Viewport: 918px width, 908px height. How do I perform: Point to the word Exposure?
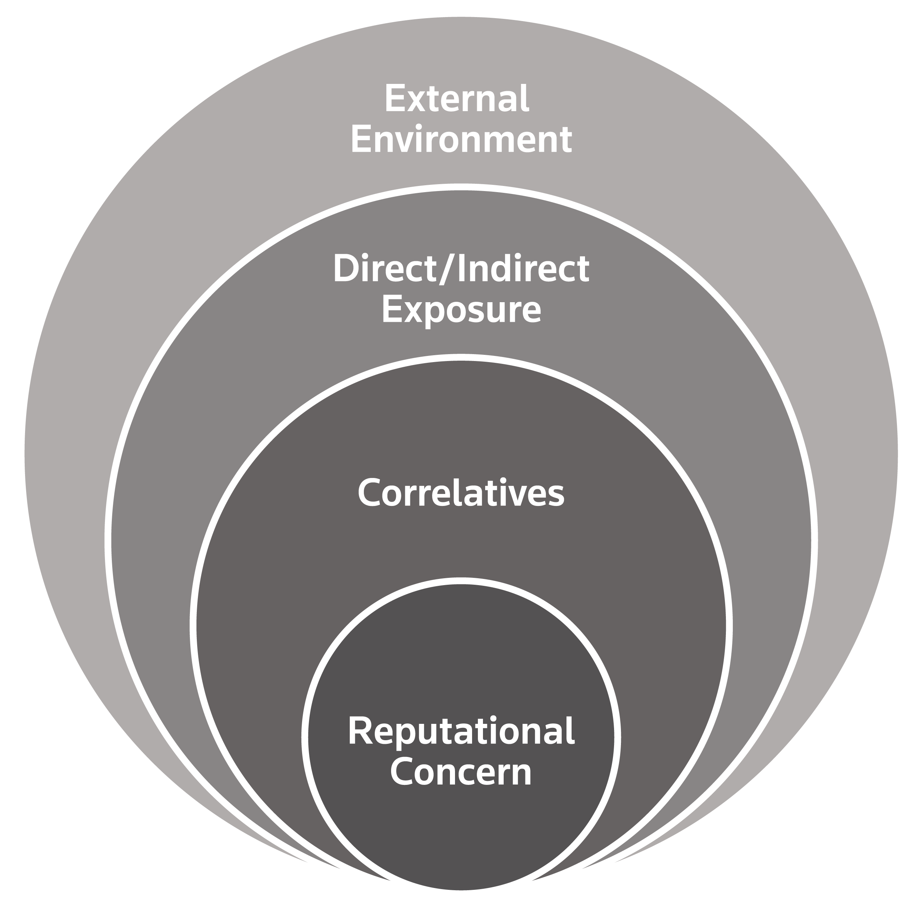(461, 310)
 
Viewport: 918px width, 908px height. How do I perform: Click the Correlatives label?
(461, 493)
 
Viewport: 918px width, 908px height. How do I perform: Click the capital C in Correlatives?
(370, 493)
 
